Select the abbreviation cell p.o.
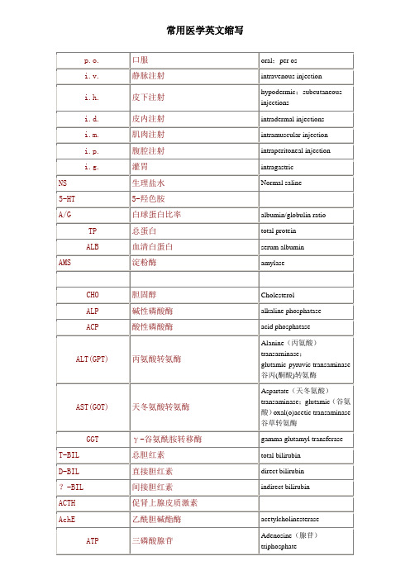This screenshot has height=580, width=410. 93,60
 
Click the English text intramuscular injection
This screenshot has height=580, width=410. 293,135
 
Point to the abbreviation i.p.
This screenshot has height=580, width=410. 93,151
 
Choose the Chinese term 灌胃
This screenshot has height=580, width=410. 140,167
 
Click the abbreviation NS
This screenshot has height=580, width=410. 63,183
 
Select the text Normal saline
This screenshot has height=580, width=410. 282,183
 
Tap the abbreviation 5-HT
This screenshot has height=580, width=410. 68,199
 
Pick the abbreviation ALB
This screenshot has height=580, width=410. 93,247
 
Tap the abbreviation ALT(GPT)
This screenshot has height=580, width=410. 93,359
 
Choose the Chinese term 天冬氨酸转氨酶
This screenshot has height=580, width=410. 162,406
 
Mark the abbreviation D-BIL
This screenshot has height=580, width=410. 69,470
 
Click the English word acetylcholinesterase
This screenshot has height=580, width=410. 297,518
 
